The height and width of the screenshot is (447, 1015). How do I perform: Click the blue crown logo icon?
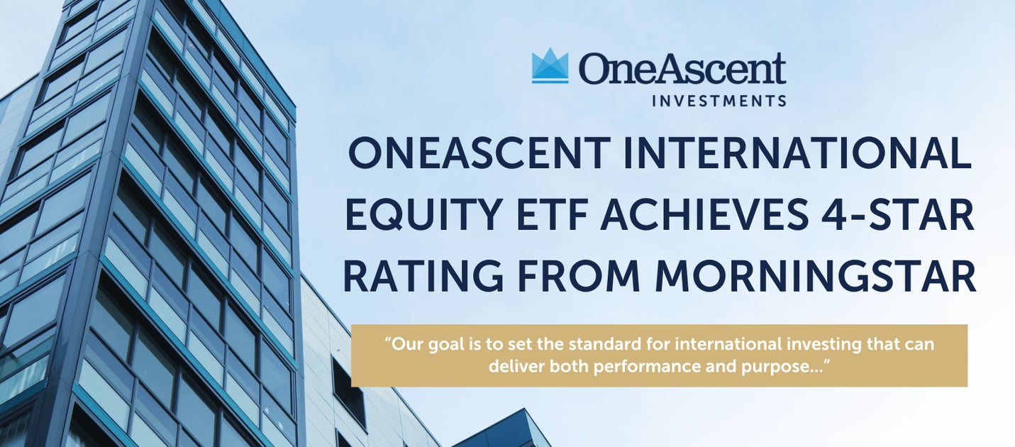(x=550, y=66)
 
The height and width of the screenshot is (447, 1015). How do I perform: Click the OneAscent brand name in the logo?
(x=682, y=68)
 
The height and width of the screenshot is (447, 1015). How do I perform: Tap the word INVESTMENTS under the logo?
(x=719, y=101)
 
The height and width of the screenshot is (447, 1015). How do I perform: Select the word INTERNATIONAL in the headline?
(x=797, y=153)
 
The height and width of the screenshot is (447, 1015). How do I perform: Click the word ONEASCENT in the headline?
(x=479, y=153)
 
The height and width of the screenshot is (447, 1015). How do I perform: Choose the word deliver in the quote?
(x=516, y=366)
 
